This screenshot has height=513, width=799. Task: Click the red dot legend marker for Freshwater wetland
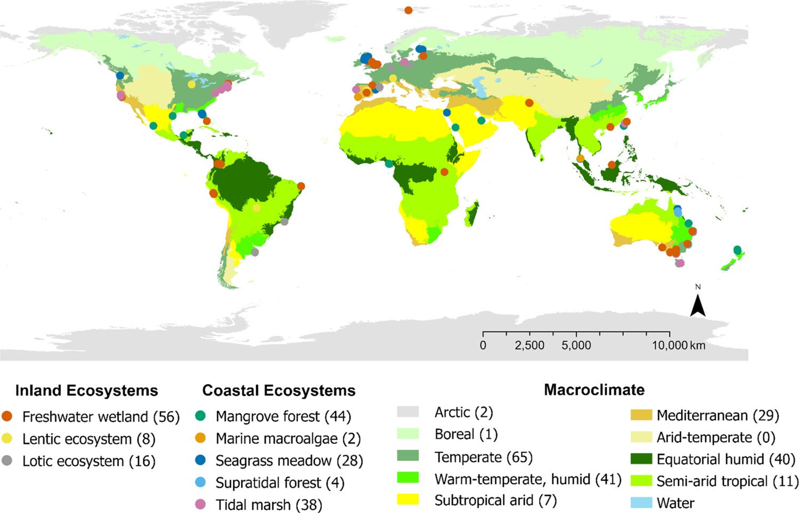pos(7,416)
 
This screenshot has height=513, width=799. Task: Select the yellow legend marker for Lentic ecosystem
pos(7,439)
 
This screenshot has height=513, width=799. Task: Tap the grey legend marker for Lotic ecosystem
pos(7,461)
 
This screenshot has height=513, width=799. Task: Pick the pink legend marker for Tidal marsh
pos(200,504)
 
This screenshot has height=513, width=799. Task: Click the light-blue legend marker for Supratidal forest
pos(200,483)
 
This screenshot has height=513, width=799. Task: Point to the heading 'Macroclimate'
pos(594,390)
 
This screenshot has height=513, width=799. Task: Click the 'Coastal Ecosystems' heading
pos(279,390)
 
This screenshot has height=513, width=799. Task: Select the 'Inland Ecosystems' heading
pos(86,390)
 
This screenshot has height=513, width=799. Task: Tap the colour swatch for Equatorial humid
pos(641,459)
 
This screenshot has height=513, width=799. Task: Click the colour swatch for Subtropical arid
pos(407,500)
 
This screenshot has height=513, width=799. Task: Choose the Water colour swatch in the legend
pos(641,503)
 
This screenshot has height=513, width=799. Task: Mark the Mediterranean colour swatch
pos(641,415)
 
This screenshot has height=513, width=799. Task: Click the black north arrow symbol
pos(698,306)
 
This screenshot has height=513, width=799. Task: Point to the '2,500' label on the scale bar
pos(529,346)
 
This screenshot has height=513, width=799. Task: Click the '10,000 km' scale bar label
pos(679,346)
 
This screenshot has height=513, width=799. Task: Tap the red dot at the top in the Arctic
pos(408,10)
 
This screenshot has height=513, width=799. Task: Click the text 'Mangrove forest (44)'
pos(283,416)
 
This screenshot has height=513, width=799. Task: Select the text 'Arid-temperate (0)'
pos(716,438)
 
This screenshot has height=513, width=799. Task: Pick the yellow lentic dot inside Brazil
pos(257,207)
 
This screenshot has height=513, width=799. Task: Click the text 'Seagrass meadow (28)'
pos(289,461)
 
